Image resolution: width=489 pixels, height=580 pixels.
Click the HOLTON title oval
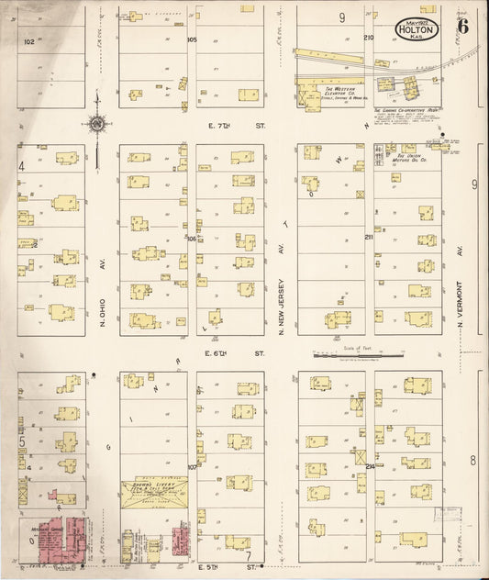tap(418, 28)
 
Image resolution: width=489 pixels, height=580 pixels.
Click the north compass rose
tap(95, 122)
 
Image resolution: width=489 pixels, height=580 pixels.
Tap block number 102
tap(29, 41)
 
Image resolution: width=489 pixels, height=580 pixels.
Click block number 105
tap(192, 40)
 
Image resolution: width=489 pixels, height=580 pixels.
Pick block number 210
tap(368, 38)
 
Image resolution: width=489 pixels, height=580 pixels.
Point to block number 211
tap(368, 238)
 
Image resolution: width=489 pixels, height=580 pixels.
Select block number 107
tap(192, 467)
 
